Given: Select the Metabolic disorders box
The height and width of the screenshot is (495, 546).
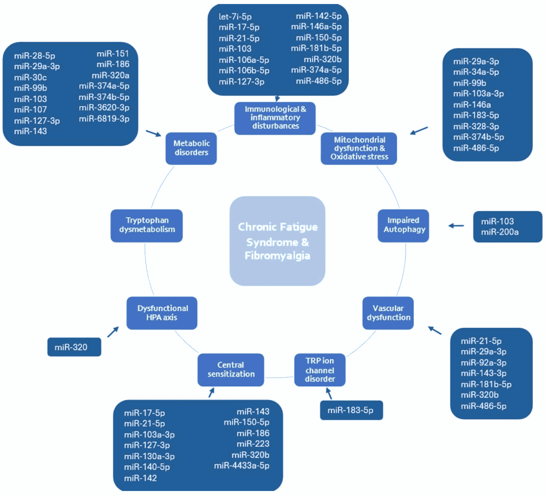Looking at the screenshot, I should coord(191,148).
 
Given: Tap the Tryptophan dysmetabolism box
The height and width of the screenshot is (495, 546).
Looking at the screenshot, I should coord(146,225).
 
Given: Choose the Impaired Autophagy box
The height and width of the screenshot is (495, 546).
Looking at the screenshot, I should coord(403,225).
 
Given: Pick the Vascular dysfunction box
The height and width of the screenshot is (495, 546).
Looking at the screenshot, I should coord(388,313).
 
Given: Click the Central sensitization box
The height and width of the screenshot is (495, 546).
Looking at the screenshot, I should coord(231,369).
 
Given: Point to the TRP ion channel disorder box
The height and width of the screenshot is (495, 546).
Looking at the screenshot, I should coord(320,369).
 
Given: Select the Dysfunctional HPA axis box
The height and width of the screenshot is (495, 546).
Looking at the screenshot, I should coord(162,313).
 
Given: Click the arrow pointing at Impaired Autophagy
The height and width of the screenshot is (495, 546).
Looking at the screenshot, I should coord(456,225).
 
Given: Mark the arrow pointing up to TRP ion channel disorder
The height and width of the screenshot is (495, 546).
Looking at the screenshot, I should coord(329,393).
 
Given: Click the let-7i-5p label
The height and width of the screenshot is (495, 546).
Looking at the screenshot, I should coord(235,17).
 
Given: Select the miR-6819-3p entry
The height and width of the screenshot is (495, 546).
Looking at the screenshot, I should coord(104,119).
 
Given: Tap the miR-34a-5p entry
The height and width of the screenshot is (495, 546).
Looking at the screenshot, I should coord(476,72).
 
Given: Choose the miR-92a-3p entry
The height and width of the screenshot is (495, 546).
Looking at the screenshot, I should coord(484,363).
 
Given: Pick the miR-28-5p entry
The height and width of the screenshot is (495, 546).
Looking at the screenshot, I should coord(34,56).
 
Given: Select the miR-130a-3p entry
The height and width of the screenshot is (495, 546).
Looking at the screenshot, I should coord(149,456).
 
